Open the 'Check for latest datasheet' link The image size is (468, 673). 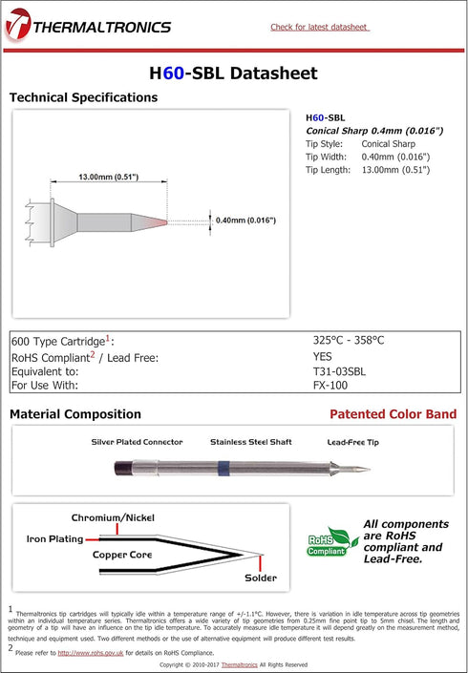tap(319, 27)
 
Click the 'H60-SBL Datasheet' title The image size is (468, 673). tap(233, 74)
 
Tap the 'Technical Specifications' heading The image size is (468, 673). tap(83, 97)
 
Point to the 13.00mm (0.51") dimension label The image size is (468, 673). tap(109, 177)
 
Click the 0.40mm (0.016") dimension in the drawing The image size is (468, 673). tap(246, 221)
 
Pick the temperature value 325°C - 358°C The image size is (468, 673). tap(350, 340)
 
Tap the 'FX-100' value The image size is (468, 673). tap(330, 386)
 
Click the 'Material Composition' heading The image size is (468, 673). tap(75, 414)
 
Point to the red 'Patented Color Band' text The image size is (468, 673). tap(393, 414)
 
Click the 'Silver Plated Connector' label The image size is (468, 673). tap(137, 442)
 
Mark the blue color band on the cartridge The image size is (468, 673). tap(223, 469)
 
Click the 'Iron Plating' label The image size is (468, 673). tap(54, 538)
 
